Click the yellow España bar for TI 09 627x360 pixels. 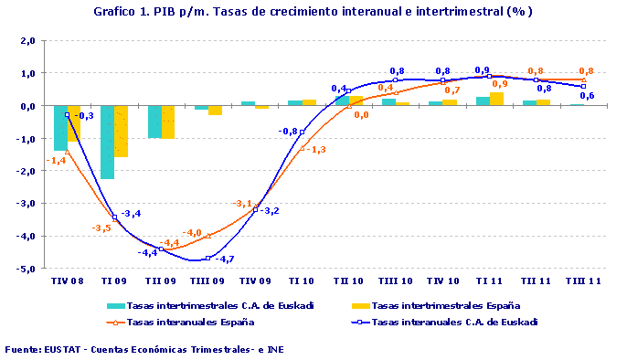[x=121, y=131]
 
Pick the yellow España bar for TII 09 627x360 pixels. [x=168, y=122]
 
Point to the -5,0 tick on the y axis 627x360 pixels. [x=26, y=269]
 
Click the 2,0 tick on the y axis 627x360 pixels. [x=27, y=41]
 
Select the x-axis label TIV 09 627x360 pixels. [x=255, y=281]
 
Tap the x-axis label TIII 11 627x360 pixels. [x=583, y=281]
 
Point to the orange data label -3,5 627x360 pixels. [x=101, y=228]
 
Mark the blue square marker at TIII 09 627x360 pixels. [x=208, y=259]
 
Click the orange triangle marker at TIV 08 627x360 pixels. [x=67, y=152]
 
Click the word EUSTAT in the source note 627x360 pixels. [x=58, y=349]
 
